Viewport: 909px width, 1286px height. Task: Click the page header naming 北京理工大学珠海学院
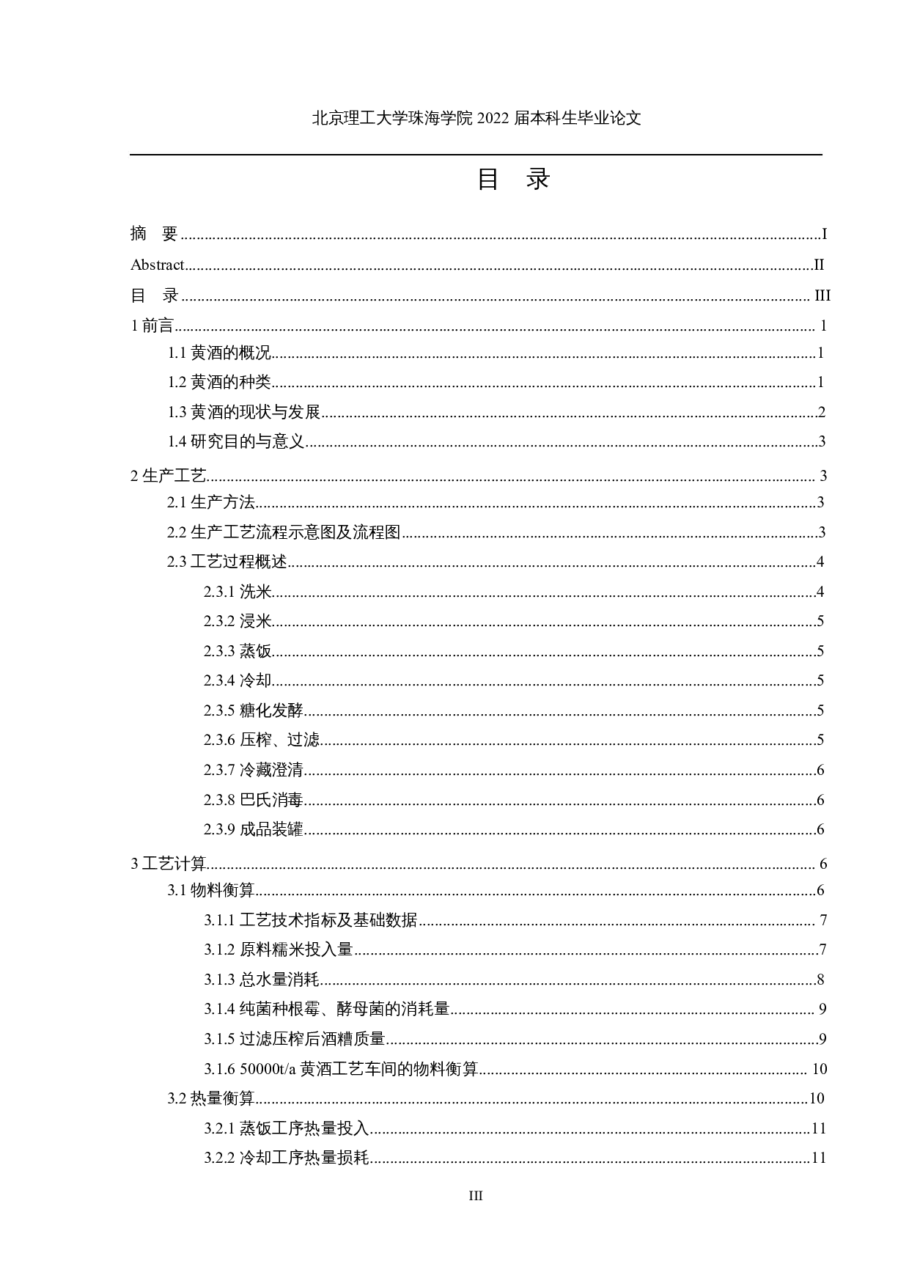[476, 118]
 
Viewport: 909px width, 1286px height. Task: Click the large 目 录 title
[512, 179]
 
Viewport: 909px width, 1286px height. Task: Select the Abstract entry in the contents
[157, 265]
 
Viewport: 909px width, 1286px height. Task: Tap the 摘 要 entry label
[154, 234]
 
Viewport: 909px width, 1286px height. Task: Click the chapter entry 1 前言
[152, 326]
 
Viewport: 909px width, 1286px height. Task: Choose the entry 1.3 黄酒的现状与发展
[244, 412]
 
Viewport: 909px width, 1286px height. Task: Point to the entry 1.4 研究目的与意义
[236, 441]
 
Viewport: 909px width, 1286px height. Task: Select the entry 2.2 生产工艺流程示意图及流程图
[284, 532]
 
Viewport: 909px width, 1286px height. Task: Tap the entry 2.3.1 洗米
[238, 592]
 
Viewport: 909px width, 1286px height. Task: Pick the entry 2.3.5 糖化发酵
[254, 710]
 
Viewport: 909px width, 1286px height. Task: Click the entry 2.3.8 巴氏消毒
[254, 800]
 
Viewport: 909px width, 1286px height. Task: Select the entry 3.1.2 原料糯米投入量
[279, 949]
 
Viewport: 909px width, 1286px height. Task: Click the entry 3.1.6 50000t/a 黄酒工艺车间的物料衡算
[341, 1069]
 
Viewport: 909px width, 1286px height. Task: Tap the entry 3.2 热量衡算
[210, 1098]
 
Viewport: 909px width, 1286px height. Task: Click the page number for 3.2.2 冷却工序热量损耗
[819, 1158]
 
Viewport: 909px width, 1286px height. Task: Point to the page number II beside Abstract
[819, 265]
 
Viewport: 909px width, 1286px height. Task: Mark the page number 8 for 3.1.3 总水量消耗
[821, 980]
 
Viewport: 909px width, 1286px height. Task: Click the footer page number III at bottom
[476, 1196]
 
